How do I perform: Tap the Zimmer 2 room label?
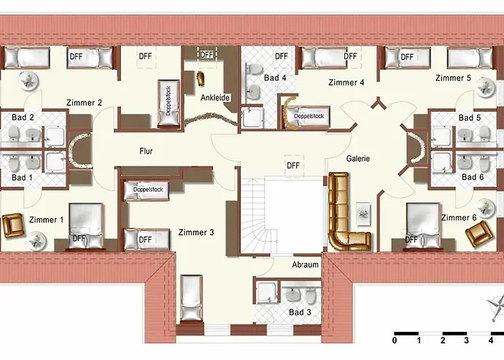(85, 103)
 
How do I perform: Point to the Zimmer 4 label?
(346, 83)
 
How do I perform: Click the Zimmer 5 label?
(453, 78)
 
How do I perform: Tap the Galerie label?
(358, 160)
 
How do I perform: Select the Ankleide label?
(215, 98)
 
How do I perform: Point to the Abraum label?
(305, 265)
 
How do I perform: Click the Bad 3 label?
(300, 312)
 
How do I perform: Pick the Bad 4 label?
(275, 77)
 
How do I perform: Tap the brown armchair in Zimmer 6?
(478, 234)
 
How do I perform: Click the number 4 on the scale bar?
(490, 341)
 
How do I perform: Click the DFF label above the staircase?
(293, 165)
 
